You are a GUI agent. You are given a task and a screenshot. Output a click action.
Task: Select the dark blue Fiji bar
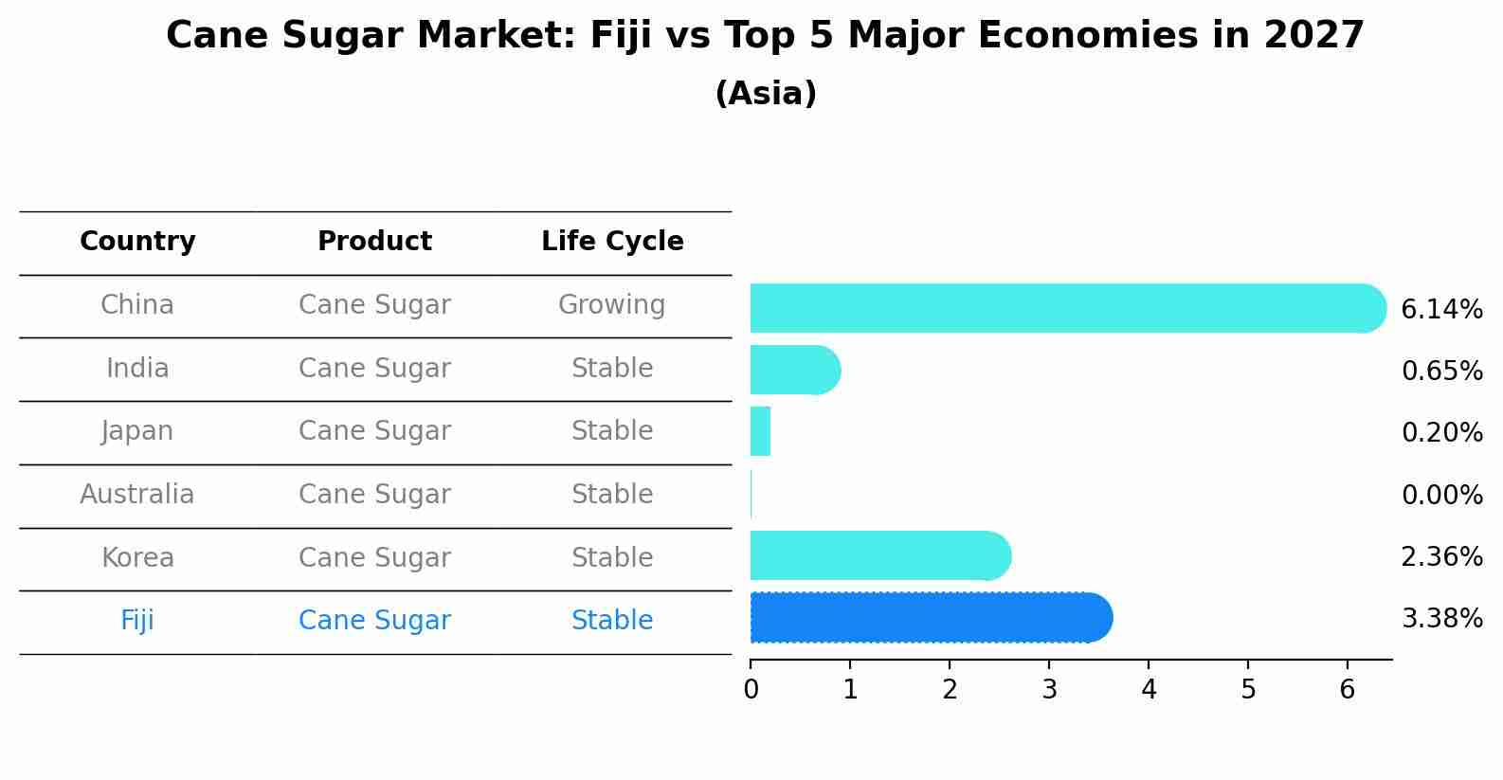tap(929, 618)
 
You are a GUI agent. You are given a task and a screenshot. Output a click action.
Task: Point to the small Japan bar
tap(760, 431)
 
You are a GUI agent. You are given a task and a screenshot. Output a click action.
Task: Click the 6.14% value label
tap(1441, 310)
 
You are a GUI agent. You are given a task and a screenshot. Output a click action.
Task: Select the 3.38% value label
tap(1441, 619)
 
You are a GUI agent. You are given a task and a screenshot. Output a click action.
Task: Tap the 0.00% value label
tap(1441, 496)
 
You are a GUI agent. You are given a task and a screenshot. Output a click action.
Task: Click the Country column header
tap(137, 242)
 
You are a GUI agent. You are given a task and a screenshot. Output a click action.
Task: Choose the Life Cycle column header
tap(612, 242)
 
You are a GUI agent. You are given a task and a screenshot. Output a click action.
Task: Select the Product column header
tap(374, 242)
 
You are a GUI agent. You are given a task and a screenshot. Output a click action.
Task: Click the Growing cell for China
tap(611, 305)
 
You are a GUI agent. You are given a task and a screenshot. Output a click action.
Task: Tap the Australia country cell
tap(137, 495)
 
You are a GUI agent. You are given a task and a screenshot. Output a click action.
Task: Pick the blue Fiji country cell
tap(137, 621)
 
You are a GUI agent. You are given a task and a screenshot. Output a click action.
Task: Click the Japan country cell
tap(137, 431)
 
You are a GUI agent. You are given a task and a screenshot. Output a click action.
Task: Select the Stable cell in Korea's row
tap(612, 557)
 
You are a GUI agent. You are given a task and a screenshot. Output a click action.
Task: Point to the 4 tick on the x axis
tap(1149, 690)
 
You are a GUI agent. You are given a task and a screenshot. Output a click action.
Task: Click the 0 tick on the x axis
tap(751, 690)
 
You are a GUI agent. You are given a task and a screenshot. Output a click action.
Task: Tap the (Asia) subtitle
tap(766, 94)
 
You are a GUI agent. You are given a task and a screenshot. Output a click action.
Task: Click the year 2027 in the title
tap(1313, 36)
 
